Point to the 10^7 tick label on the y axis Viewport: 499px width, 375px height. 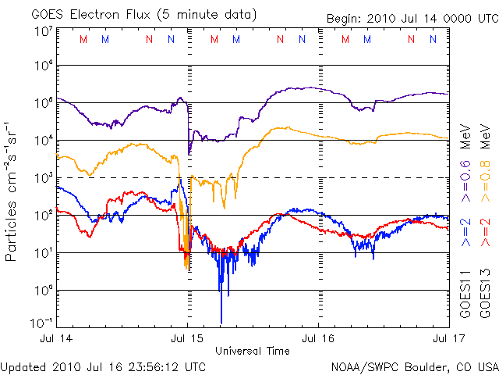43,31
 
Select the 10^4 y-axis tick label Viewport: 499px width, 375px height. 43,141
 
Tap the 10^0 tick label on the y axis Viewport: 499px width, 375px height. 43,291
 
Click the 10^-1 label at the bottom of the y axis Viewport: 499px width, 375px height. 41,323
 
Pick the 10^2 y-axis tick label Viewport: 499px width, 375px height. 43,216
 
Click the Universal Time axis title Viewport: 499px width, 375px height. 251,350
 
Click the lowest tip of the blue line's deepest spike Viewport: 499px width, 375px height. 221,323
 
